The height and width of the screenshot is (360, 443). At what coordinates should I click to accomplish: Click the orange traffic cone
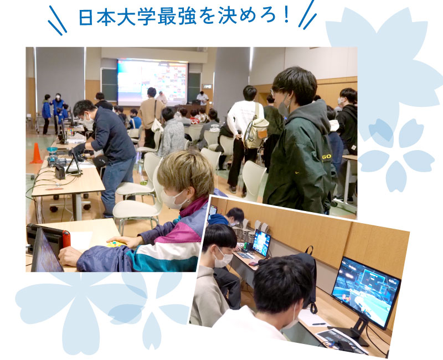(x=37, y=153)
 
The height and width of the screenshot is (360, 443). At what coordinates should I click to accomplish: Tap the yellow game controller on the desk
(x=116, y=244)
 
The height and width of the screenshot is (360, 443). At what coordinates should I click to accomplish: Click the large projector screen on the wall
(x=153, y=82)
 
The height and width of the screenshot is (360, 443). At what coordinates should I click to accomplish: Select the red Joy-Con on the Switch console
(x=66, y=239)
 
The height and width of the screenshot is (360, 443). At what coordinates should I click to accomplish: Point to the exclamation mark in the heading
(x=286, y=16)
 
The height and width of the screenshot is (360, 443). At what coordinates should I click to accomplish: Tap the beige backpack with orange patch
(x=256, y=130)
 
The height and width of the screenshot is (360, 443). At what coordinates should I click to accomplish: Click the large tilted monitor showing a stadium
(x=366, y=292)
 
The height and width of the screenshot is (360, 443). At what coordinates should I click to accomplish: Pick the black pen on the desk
(x=320, y=324)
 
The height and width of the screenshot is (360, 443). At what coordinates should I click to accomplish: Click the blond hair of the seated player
(x=185, y=172)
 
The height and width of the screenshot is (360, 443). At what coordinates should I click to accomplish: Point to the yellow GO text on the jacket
(x=327, y=157)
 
